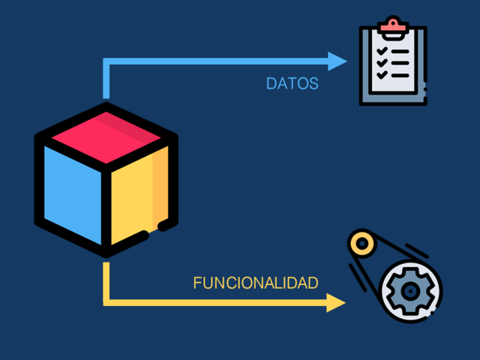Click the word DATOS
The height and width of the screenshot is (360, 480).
(x=292, y=83)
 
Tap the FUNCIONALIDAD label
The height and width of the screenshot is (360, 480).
(x=256, y=283)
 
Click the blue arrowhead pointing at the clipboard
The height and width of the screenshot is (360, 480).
(x=338, y=61)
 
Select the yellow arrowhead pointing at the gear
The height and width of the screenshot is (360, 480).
(x=336, y=302)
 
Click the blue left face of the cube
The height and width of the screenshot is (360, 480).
(x=73, y=193)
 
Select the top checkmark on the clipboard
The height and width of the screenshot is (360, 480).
(x=382, y=52)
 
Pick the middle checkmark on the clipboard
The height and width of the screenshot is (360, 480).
(x=382, y=64)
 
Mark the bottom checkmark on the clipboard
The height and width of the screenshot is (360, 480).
(x=382, y=76)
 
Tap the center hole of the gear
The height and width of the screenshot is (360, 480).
(x=411, y=289)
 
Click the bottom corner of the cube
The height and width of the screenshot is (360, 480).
(x=106, y=251)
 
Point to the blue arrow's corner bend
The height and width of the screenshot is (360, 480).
(x=106, y=62)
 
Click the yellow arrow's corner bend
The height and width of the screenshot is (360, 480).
(x=106, y=301)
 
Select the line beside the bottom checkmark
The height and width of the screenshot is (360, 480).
(x=400, y=76)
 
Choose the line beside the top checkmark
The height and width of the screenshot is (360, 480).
(x=400, y=52)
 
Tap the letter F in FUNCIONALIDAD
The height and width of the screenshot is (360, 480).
(x=197, y=283)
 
